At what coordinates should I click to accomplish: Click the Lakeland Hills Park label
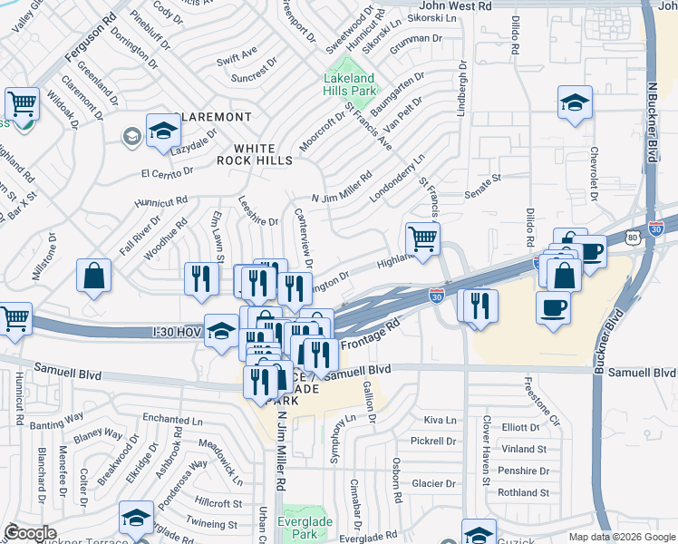[350, 84]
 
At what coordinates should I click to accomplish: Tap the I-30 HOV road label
[177, 333]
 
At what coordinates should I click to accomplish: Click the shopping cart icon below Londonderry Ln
[421, 240]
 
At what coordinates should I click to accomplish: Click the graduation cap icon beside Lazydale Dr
[163, 132]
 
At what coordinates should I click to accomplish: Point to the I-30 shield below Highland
[437, 296]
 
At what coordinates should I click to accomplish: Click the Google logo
[30, 532]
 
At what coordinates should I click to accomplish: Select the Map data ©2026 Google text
[621, 537]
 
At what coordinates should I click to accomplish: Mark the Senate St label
[483, 185]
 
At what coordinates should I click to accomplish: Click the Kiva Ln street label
[440, 421]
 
